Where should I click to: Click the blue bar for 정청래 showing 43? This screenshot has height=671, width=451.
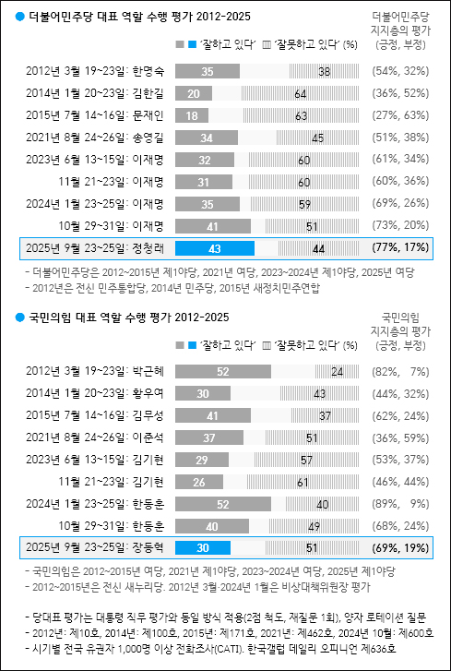coord(214,248)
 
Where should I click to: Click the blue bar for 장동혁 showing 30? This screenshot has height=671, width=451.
coord(202,548)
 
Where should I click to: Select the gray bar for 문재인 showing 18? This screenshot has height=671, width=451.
coord(191,115)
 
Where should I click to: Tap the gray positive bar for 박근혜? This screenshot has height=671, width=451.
coord(222,371)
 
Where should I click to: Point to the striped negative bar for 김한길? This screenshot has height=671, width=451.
coord(302,93)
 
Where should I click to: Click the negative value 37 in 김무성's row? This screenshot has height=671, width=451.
coord(298,415)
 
